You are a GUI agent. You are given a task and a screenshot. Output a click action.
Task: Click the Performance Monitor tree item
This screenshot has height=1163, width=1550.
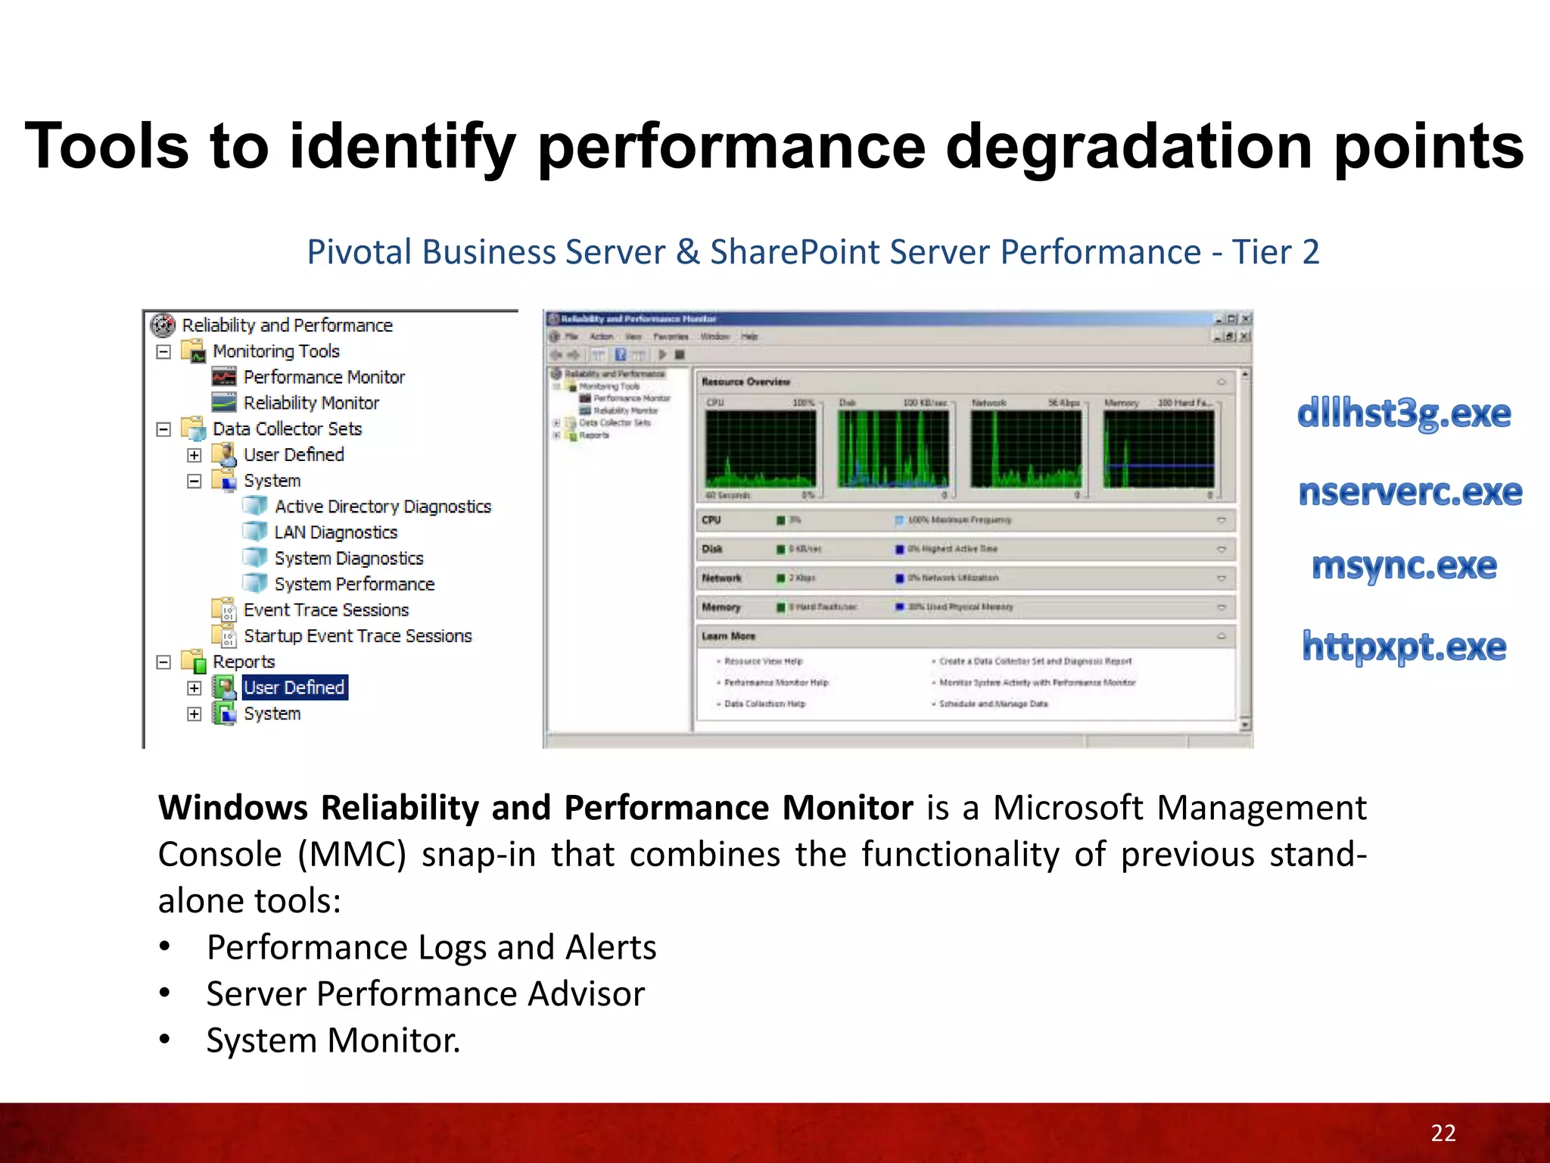tap(323, 377)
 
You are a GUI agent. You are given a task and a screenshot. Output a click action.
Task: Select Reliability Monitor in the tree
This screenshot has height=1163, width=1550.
tap(310, 403)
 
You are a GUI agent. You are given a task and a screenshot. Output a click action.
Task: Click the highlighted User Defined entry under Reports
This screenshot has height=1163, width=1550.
tap(294, 688)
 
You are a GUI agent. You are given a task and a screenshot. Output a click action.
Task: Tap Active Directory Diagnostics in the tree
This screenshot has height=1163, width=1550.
tap(382, 507)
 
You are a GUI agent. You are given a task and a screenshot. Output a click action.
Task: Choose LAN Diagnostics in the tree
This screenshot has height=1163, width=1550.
tap(335, 532)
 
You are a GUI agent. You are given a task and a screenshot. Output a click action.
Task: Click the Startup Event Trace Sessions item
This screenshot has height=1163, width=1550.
tap(357, 636)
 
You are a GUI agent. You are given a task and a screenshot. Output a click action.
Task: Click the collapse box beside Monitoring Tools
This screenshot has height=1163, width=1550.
tap(163, 351)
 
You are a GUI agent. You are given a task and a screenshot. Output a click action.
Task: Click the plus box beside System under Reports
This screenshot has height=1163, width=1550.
tap(195, 714)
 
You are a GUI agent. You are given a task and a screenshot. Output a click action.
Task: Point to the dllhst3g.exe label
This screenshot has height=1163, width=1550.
tap(1404, 413)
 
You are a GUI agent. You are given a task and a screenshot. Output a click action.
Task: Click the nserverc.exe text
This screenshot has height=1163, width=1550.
tap(1410, 492)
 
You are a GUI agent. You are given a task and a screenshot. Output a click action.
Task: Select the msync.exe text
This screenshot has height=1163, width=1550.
tap(1404, 566)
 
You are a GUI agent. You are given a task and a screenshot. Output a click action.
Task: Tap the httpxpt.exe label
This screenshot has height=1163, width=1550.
tap(1404, 647)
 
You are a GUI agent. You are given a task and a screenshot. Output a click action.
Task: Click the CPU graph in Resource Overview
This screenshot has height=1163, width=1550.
tap(761, 449)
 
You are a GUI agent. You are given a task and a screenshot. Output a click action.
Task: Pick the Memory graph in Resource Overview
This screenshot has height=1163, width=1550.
tap(1159, 449)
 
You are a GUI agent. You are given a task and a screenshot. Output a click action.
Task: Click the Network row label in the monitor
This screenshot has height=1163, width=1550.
tap(721, 578)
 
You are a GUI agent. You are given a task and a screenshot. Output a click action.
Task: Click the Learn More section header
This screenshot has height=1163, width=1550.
tap(728, 636)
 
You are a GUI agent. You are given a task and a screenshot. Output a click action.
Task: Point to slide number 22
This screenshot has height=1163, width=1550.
tap(1443, 1133)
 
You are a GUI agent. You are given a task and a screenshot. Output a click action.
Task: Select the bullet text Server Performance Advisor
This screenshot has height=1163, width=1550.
tap(425, 994)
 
